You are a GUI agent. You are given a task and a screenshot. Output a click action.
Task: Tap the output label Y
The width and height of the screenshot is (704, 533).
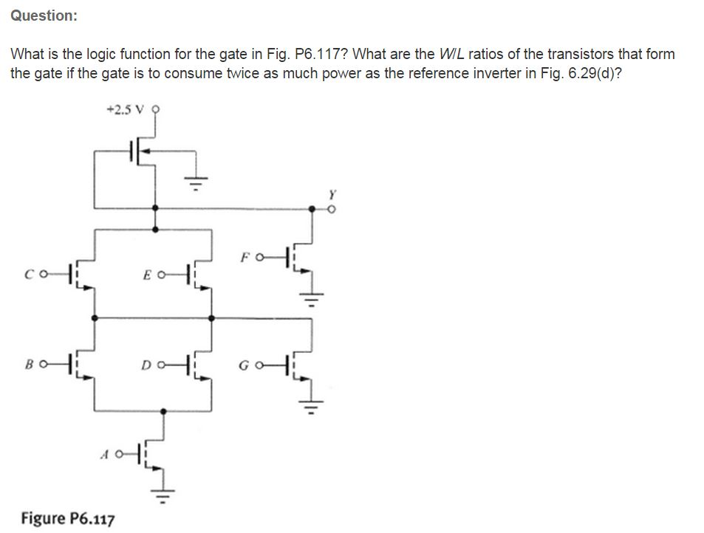[331, 195]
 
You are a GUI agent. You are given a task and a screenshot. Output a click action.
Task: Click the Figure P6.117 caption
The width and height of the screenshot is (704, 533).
[68, 518]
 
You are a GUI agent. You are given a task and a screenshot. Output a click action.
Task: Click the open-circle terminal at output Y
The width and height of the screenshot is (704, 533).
[331, 209]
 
